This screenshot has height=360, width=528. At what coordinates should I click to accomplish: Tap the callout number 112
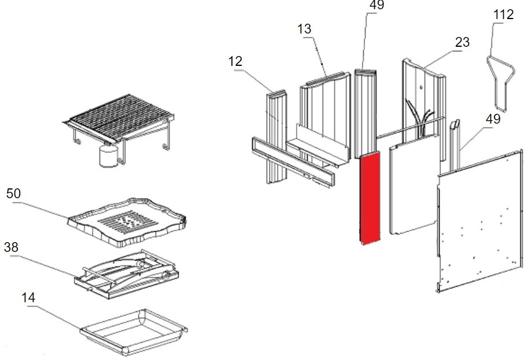[503, 14]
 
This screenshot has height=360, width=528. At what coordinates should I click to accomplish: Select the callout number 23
[462, 42]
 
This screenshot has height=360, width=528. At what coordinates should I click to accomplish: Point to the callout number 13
[305, 29]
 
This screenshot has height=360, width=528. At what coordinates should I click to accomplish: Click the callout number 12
[235, 61]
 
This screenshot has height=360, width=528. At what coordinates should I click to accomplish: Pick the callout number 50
[13, 194]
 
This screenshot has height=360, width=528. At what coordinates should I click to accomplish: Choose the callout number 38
[11, 247]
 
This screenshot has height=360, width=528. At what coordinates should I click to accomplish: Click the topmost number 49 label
[376, 5]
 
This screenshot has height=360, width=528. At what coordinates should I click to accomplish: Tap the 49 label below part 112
[493, 120]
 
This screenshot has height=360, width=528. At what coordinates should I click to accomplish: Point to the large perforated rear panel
[480, 220]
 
